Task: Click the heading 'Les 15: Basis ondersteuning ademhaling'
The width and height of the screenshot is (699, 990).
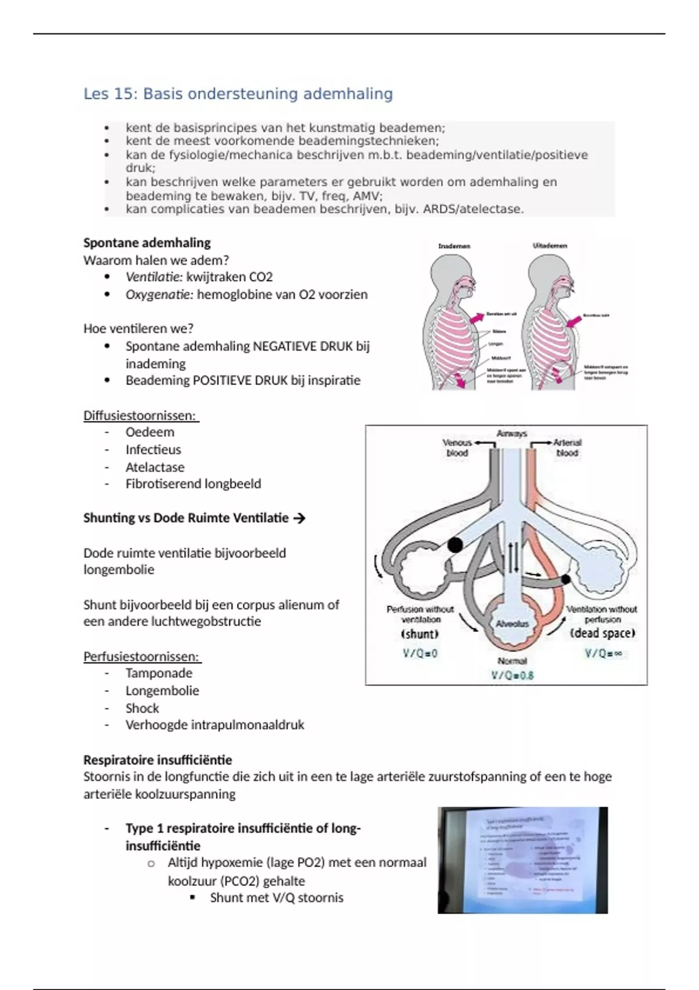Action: pyautogui.click(x=238, y=94)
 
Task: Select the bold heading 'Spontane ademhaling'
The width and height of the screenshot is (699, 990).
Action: pyautogui.click(x=147, y=243)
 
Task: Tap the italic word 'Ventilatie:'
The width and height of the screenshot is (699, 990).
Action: pyautogui.click(x=154, y=277)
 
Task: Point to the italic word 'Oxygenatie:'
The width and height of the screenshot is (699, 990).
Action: pyautogui.click(x=159, y=295)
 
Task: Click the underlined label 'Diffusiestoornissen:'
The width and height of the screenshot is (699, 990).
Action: pyautogui.click(x=140, y=416)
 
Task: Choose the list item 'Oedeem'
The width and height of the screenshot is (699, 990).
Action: pyautogui.click(x=150, y=432)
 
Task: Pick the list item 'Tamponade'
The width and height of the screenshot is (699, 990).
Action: pyautogui.click(x=158, y=673)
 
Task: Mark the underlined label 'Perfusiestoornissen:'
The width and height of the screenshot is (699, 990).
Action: pyautogui.click(x=142, y=657)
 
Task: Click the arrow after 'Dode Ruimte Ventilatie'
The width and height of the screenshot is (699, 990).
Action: pyautogui.click(x=299, y=518)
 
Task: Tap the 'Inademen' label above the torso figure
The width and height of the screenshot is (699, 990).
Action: pyautogui.click(x=454, y=246)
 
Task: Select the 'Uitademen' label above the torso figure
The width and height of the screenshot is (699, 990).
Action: pyautogui.click(x=550, y=246)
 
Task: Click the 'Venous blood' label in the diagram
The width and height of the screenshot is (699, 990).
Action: pyautogui.click(x=457, y=447)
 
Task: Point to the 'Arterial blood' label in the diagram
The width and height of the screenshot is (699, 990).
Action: pyautogui.click(x=567, y=447)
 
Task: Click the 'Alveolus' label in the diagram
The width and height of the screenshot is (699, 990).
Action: pyautogui.click(x=512, y=624)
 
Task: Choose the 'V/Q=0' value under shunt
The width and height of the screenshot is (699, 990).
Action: pyautogui.click(x=420, y=653)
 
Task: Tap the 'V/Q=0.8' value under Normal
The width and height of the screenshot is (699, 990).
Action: pyautogui.click(x=512, y=676)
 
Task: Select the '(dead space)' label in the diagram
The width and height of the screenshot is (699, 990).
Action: pyautogui.click(x=602, y=634)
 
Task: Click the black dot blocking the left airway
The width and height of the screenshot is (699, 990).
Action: pyautogui.click(x=454, y=545)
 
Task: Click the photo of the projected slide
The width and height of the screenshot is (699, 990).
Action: pyautogui.click(x=523, y=860)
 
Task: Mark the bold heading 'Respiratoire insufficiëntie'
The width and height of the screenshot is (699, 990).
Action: pyautogui.click(x=157, y=760)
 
